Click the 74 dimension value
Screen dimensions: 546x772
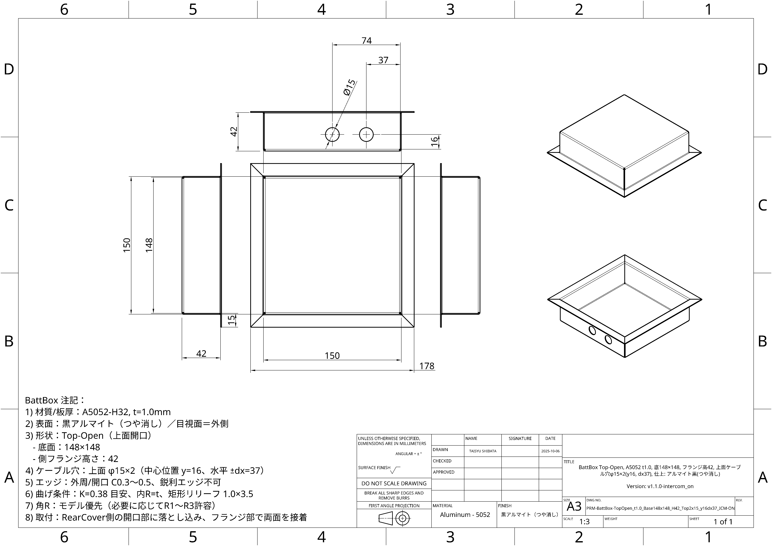366,41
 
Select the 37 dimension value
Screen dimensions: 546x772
383,60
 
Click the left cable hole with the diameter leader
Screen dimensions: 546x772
332,134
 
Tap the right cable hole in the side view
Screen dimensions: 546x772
366,134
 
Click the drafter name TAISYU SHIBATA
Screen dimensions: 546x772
483,451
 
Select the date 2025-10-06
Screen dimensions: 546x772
550,451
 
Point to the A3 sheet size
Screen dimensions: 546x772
574,506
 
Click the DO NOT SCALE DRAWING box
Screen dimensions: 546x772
394,483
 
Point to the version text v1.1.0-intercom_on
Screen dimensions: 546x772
660,486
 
